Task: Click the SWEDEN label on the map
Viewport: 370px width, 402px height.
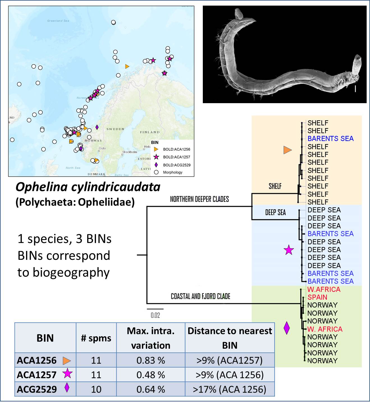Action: pos(115,129)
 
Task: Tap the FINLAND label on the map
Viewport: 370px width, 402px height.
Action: pos(150,132)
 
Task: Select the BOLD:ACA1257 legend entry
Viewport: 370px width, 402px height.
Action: pos(176,157)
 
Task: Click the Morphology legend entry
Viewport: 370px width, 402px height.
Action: pos(173,172)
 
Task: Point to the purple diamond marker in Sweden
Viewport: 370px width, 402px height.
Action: pos(97,127)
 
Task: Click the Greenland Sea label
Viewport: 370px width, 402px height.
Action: pos(58,21)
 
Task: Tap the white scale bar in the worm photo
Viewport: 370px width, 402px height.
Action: pos(355,89)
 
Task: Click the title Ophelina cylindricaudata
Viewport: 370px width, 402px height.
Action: pos(88,187)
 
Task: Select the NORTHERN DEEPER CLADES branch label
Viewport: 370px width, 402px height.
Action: pos(199,199)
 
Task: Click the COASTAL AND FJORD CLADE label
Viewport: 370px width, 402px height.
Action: pos(200,296)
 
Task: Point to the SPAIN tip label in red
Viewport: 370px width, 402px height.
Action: pos(317,297)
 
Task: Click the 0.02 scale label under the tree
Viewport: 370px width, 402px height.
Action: pos(155,315)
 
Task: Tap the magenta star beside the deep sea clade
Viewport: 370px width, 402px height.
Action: pos(289,249)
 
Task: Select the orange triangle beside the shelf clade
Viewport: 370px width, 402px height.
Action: pos(288,150)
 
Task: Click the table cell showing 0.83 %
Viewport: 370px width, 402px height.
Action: pos(151,360)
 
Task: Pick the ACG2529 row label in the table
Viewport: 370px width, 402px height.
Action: pos(37,389)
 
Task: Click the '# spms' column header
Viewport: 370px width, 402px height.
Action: pos(96,338)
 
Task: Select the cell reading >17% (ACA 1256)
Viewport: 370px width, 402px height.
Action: pos(229,389)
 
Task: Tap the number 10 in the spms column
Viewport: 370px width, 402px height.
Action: pos(96,389)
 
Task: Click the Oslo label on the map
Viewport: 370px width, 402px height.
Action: pos(102,148)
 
